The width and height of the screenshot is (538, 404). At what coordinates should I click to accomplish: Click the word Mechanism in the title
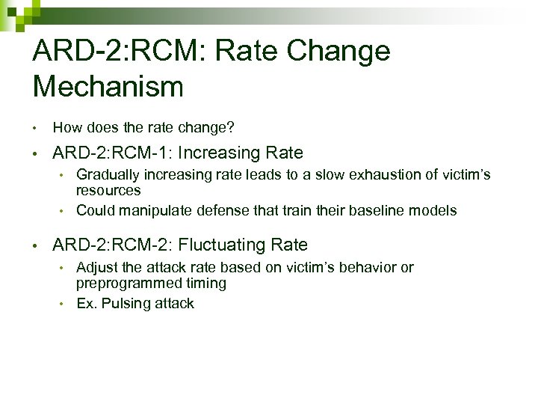coord(108,86)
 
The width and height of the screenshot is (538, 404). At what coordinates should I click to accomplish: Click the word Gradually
coord(105,175)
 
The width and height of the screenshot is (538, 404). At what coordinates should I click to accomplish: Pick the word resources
coord(108,190)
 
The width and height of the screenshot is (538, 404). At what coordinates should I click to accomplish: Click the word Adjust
coord(95,268)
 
